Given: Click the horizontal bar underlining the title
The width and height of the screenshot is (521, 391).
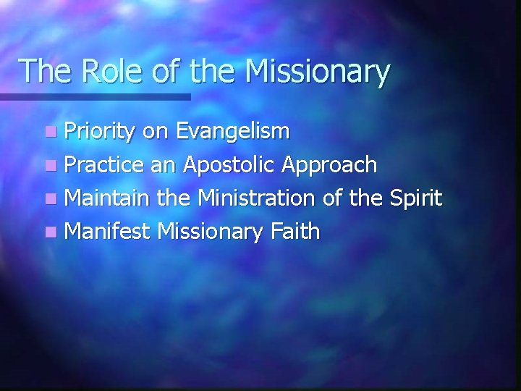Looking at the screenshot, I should (x=94, y=96).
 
